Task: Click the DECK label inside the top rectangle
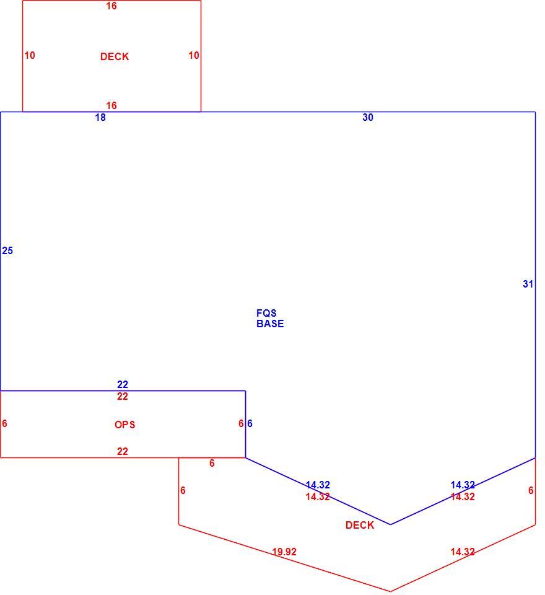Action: coord(115,56)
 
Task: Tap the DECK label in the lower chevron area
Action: coord(360,525)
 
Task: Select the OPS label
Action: coord(124,424)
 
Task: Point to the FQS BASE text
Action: coord(270,319)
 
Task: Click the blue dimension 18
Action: coord(100,118)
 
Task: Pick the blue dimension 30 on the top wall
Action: coord(368,118)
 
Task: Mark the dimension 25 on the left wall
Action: coord(7,251)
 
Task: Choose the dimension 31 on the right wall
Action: coord(528,284)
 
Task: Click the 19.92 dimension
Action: coord(284,552)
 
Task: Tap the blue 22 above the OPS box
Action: coord(123,384)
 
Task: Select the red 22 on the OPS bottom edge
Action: coord(123,452)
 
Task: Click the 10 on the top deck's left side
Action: coord(30,55)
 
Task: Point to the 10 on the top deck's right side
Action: coord(194,55)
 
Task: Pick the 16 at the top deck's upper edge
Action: coord(111,6)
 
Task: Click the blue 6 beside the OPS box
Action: coord(250,423)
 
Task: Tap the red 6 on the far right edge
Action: coord(531,491)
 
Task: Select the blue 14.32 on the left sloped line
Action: coord(318,485)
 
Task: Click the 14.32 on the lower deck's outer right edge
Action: coord(463,552)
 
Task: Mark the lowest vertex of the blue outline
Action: coord(390,525)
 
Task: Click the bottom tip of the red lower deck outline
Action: coord(390,591)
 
